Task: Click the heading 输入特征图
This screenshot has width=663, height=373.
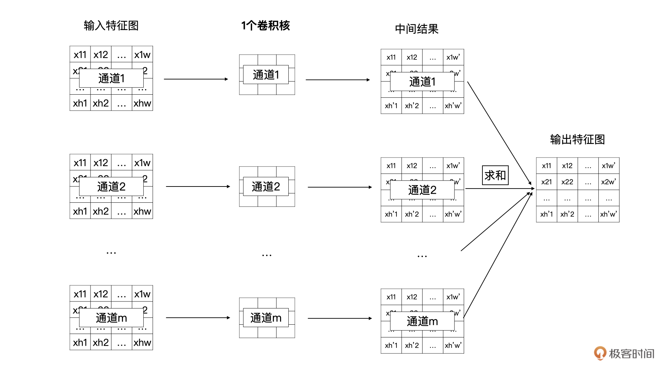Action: pyautogui.click(x=111, y=26)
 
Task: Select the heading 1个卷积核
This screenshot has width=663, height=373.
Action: pyautogui.click(x=266, y=26)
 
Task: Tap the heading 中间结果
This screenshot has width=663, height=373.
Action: pyautogui.click(x=416, y=29)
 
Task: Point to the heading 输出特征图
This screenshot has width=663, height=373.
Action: pyautogui.click(x=577, y=140)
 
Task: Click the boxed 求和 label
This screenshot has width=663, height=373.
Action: pyautogui.click(x=495, y=175)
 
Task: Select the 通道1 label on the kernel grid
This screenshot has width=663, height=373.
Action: pyautogui.click(x=266, y=75)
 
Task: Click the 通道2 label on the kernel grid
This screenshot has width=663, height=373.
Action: pyautogui.click(x=266, y=186)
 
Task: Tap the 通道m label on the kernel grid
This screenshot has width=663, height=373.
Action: pyautogui.click(x=266, y=318)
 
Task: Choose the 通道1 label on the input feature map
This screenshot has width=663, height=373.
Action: pyautogui.click(x=111, y=78)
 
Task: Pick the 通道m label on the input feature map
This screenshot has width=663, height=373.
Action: pyautogui.click(x=111, y=318)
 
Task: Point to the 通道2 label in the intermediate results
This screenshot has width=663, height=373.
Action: pyautogui.click(x=422, y=190)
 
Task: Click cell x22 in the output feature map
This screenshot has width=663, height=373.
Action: pyautogui.click(x=567, y=182)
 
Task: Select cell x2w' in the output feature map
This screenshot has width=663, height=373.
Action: pyautogui.click(x=608, y=182)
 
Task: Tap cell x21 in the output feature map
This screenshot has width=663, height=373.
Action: pyautogui.click(x=546, y=182)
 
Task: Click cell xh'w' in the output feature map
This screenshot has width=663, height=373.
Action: pyautogui.click(x=608, y=214)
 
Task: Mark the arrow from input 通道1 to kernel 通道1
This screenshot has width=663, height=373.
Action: pyautogui.click(x=196, y=79)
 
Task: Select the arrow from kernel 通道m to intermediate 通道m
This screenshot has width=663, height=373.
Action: pyautogui.click(x=340, y=318)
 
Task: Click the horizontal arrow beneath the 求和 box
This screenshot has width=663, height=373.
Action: pyautogui.click(x=499, y=189)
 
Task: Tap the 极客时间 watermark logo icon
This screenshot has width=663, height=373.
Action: pyautogui.click(x=600, y=353)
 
